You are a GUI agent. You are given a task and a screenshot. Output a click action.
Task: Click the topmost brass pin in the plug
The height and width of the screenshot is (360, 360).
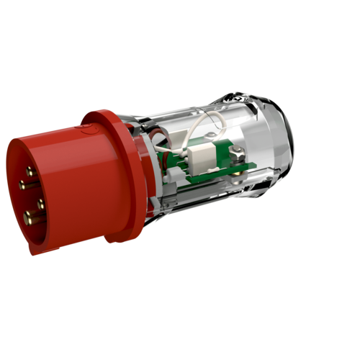click(30, 171)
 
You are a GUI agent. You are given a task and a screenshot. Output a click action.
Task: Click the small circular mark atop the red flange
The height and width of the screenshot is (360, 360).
click(89, 130)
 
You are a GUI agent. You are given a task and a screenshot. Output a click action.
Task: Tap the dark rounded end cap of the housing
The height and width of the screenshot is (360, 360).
click(284, 137)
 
